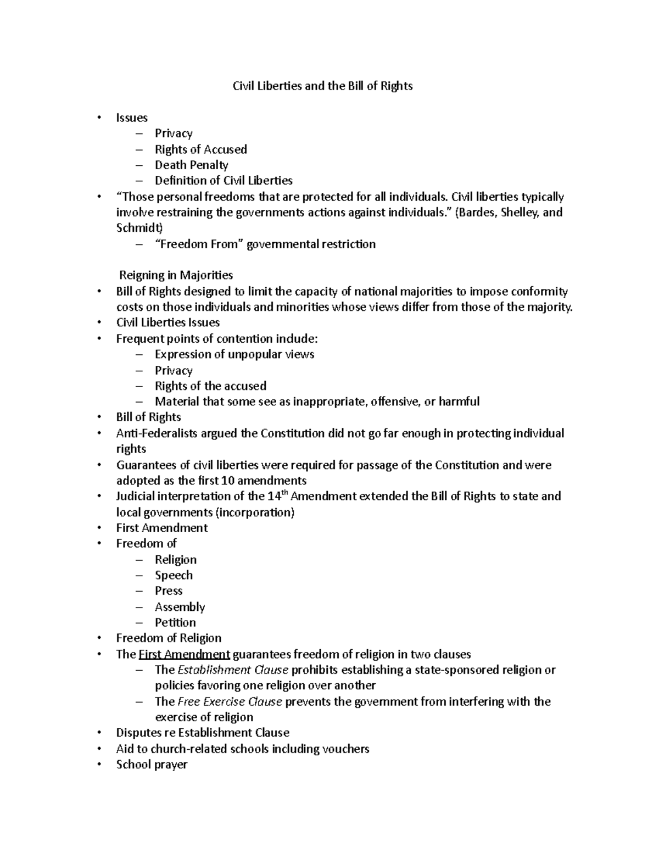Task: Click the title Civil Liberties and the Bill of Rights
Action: (x=322, y=86)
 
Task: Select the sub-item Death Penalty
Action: (x=191, y=165)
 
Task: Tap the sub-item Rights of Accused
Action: (x=200, y=149)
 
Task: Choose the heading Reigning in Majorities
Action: (x=176, y=275)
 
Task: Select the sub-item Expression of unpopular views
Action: (x=234, y=354)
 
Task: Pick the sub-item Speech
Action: (x=174, y=575)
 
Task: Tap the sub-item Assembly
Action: (x=180, y=607)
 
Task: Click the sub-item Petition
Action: (x=175, y=622)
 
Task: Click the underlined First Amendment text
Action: (x=185, y=654)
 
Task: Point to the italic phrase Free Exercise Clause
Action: (x=230, y=701)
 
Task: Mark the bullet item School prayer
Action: (x=152, y=764)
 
